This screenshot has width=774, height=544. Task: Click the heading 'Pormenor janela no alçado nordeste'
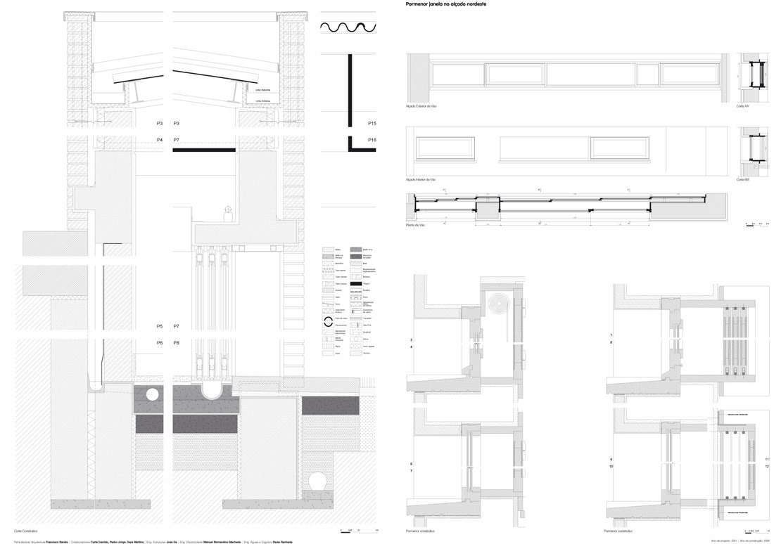(446, 4)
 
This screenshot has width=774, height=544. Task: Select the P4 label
(160, 141)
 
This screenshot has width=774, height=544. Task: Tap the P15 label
(372, 124)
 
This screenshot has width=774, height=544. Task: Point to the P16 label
(372, 141)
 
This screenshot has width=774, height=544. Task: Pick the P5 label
(160, 327)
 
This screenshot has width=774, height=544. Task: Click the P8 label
(177, 342)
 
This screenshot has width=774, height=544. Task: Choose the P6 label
(160, 342)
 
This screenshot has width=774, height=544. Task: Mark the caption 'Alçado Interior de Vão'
(421, 180)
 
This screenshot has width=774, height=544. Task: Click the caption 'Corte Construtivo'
(25, 531)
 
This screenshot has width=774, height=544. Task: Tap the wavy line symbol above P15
(349, 27)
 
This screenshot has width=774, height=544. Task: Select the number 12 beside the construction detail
(767, 466)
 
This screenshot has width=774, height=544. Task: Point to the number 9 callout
(611, 459)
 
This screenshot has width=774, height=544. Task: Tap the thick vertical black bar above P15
(349, 90)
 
